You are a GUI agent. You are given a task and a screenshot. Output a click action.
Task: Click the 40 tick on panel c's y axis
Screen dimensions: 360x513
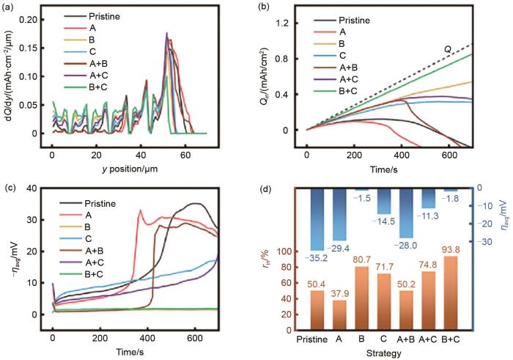pos(35,190)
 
